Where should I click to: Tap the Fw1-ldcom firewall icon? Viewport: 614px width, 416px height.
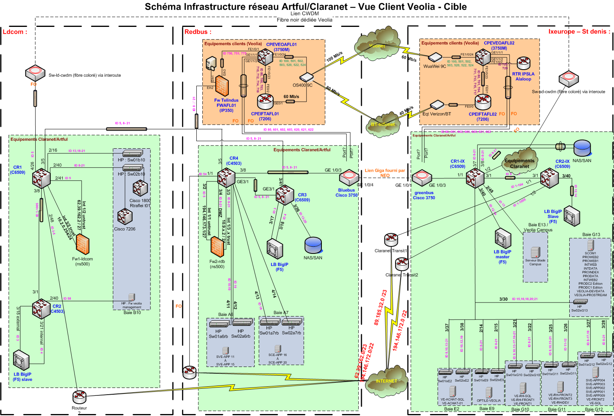point(82,244)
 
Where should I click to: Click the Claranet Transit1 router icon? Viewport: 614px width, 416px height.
point(391,238)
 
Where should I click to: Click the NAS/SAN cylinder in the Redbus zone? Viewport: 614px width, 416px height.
point(313,245)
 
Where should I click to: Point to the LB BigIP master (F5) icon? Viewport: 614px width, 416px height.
point(503,238)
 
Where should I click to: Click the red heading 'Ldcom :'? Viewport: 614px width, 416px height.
point(15,32)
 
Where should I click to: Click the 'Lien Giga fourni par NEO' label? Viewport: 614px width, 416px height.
point(385,173)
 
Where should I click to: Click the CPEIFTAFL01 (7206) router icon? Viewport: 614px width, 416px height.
point(265,102)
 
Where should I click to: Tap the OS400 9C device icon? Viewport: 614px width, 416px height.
point(306,77)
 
